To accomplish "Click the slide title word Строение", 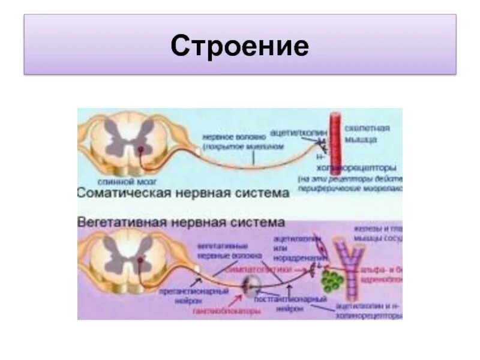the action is [x=239, y=46].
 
